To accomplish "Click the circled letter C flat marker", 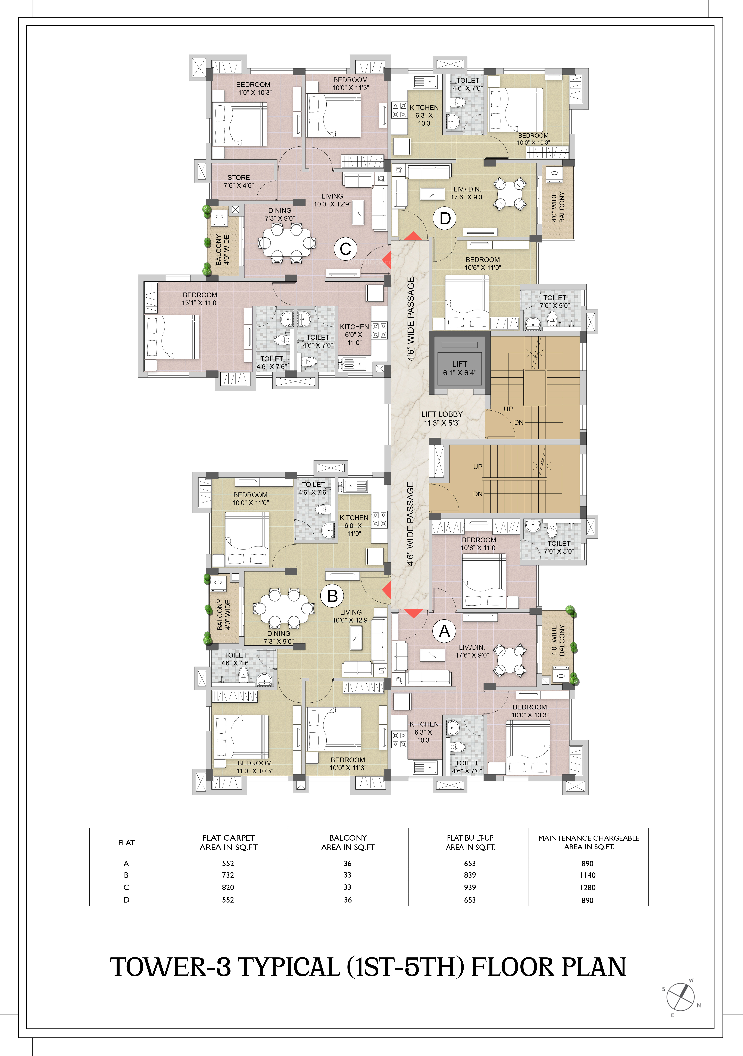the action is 345,249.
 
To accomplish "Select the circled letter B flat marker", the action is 332,596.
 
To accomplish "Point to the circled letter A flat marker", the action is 444,631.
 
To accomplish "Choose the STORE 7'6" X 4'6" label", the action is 239,181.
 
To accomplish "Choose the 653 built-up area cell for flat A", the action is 470,863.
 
